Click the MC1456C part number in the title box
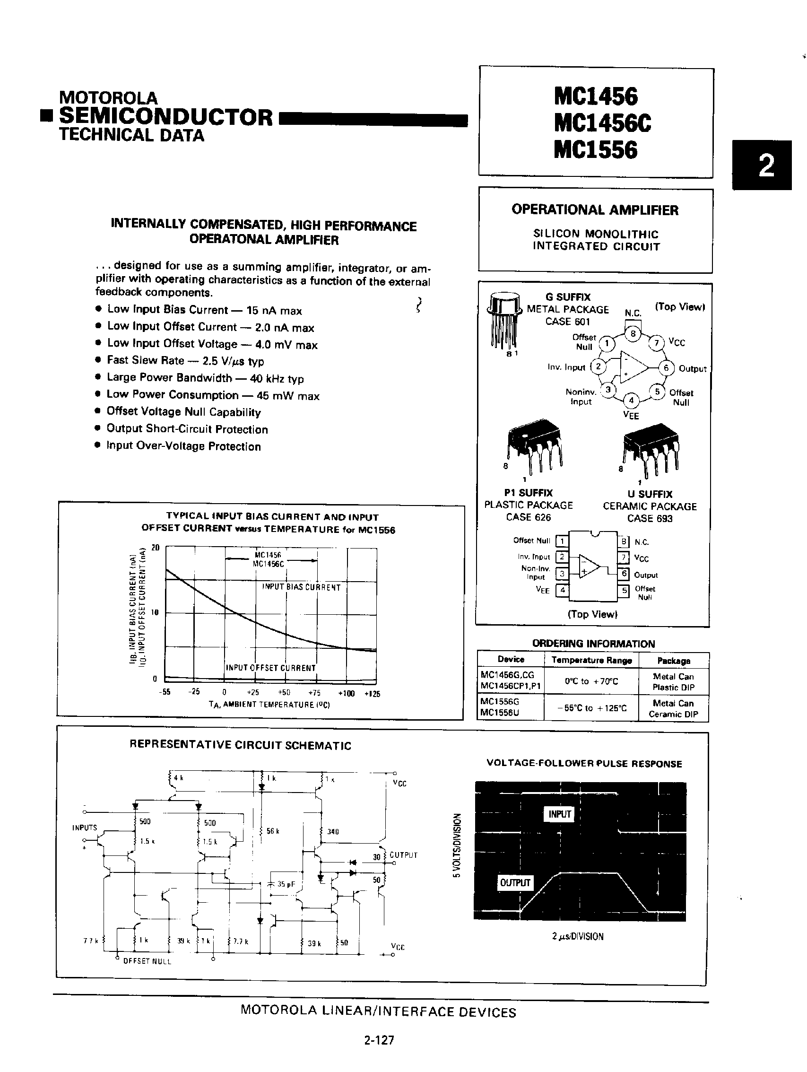tap(602, 122)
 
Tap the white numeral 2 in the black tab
tap(765, 166)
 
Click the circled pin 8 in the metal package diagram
tap(633, 333)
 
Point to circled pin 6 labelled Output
tap(666, 368)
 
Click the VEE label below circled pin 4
tap(631, 415)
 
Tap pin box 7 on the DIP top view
tap(625, 558)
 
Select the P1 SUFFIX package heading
tap(528, 493)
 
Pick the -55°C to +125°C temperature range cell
tap(591, 708)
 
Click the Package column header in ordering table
tap(673, 661)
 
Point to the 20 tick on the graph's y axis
tap(156, 548)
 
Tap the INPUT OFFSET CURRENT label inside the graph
tap(271, 668)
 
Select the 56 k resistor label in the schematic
tap(273, 831)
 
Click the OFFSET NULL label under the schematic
tap(147, 961)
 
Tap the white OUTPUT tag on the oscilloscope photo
tap(515, 882)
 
